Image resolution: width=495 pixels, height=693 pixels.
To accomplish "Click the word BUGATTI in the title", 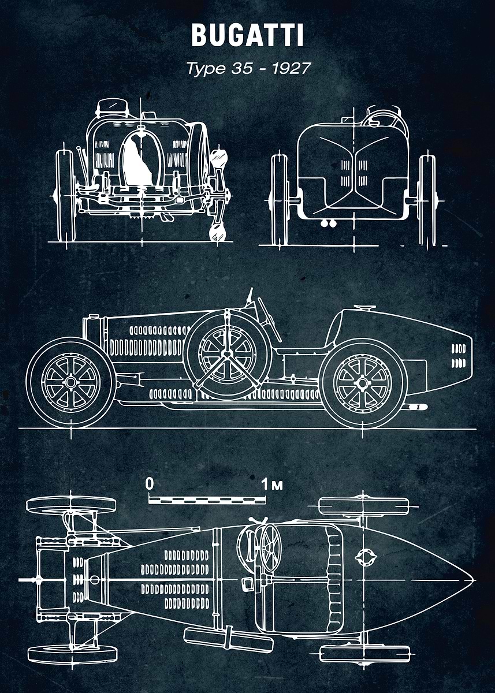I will pyautogui.click(x=247, y=36).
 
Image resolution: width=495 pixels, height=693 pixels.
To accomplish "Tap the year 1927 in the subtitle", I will pyautogui.click(x=291, y=68).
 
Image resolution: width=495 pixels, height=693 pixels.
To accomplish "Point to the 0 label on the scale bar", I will pyautogui.click(x=150, y=484).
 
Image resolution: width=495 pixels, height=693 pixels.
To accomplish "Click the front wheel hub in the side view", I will pyautogui.click(x=70, y=382).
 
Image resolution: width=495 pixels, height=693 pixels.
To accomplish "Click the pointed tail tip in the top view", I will pyautogui.click(x=472, y=579).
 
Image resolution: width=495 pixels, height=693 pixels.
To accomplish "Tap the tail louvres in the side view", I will pyautogui.click(x=457, y=356).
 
